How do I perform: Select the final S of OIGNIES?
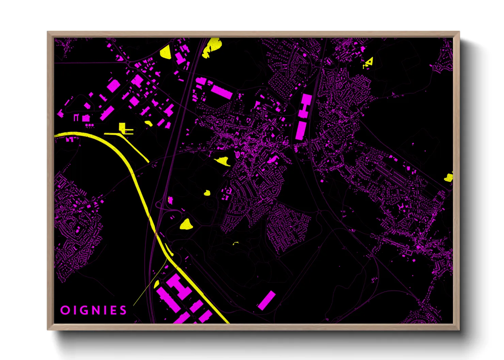click(x=123, y=310)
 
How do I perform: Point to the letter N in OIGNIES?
click(x=96, y=310)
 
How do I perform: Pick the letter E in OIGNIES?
click(x=114, y=310)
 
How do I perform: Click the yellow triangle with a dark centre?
click(x=369, y=62)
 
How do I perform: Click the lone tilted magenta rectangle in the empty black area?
click(x=267, y=300)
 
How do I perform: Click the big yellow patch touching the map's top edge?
click(x=211, y=47)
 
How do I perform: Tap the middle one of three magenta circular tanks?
click(x=90, y=125)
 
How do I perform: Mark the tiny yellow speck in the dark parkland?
click(x=235, y=243)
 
